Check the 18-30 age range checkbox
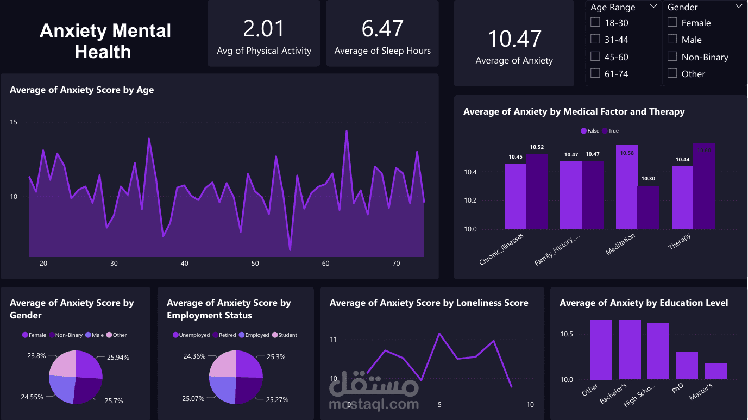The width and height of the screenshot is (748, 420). point(595,22)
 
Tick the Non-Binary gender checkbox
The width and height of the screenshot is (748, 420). point(672,57)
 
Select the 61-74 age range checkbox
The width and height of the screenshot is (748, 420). point(595,73)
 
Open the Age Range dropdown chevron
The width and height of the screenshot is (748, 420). point(653,7)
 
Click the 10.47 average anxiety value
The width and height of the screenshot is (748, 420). point(514,39)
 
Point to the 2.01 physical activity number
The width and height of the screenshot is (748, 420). point(264,29)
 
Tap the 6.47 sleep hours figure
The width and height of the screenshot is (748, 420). point(382,29)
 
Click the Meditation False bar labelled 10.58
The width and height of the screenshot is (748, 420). point(626,187)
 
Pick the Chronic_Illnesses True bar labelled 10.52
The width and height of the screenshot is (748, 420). point(537,191)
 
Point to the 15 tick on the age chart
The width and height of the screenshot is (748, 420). point(14,122)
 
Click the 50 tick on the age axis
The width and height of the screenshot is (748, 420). point(255,264)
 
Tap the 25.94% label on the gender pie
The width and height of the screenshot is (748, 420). point(119,358)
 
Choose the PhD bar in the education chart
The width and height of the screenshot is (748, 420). point(687,366)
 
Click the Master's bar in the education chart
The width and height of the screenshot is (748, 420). point(715,371)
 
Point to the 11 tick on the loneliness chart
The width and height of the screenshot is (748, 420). point(334,340)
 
